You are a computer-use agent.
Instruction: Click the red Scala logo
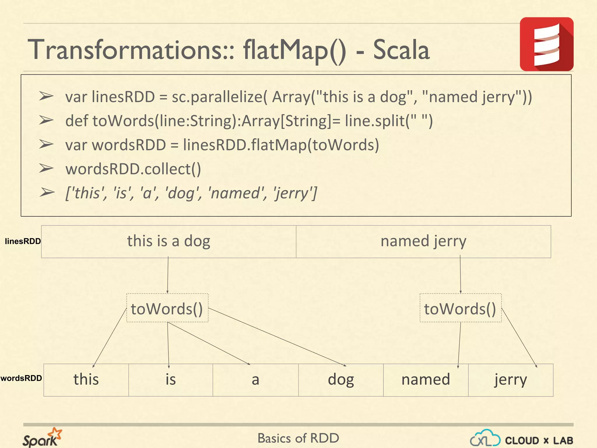tap(546, 44)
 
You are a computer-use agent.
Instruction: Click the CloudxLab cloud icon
tap(485, 438)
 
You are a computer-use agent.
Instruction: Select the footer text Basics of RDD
tap(298, 438)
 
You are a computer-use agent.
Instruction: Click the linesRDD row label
tap(23, 241)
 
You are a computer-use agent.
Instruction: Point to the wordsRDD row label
tap(21, 378)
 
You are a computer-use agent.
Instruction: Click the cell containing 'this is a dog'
tap(168, 241)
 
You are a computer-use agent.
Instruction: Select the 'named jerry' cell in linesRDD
tap(423, 241)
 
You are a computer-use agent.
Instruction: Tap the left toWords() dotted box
tap(167, 308)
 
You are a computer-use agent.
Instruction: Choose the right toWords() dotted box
tap(460, 308)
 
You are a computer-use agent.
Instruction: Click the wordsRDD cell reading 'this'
tap(86, 380)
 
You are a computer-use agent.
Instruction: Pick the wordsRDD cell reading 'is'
tap(171, 380)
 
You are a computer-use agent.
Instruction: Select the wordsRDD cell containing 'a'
tap(255, 380)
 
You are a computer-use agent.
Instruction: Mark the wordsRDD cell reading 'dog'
tap(341, 380)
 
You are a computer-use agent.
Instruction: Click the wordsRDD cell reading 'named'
tap(426, 380)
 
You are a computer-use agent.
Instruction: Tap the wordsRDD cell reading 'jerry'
tap(510, 380)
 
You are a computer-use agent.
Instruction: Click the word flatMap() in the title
tap(294, 50)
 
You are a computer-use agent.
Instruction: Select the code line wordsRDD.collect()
tap(133, 169)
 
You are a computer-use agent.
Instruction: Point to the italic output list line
tap(191, 193)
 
